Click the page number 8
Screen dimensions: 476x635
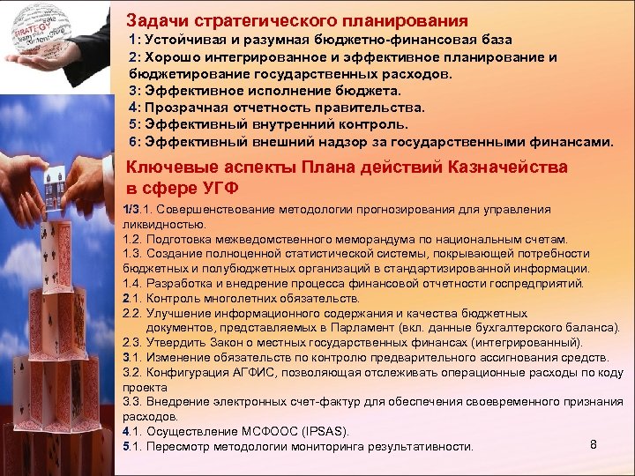tap(594, 444)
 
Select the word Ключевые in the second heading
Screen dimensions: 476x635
tap(169, 167)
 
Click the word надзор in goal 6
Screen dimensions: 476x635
tap(347, 141)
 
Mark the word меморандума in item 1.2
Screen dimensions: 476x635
tap(373, 239)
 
